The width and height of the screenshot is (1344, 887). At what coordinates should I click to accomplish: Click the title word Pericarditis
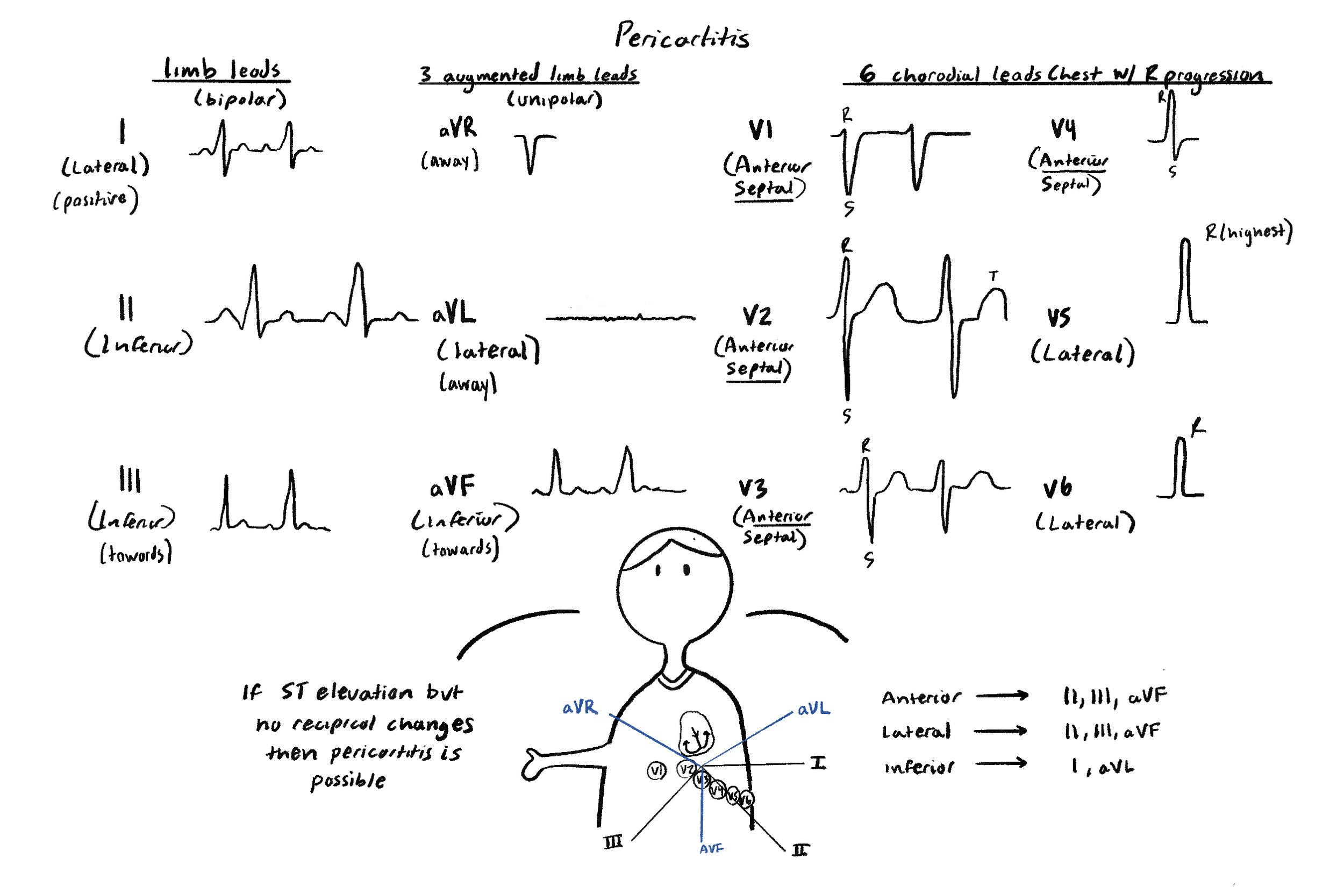(682, 36)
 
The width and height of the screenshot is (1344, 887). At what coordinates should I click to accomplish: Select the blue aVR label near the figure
(580, 707)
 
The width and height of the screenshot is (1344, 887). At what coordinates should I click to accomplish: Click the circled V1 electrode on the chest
(656, 770)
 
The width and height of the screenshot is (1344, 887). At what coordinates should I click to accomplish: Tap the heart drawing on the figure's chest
(695, 733)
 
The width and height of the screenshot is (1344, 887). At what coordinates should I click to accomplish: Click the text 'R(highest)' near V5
(1248, 231)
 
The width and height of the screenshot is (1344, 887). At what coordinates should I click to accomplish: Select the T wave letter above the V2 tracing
(993, 276)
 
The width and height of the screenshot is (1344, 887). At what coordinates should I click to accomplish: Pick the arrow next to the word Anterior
(1002, 695)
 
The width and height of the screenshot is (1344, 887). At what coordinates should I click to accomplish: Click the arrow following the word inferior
(1000, 764)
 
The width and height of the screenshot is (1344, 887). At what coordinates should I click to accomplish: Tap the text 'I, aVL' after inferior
(1103, 767)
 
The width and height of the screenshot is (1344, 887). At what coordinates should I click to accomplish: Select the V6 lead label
(1057, 488)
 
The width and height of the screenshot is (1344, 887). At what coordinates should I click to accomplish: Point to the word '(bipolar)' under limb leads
(240, 99)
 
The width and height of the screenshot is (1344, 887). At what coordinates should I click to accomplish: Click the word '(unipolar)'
(554, 99)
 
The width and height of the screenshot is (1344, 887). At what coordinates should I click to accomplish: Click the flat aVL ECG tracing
(620, 318)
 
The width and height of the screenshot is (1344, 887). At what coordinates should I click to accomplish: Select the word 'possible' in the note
(348, 782)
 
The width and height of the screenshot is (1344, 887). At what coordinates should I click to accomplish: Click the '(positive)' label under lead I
(95, 201)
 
